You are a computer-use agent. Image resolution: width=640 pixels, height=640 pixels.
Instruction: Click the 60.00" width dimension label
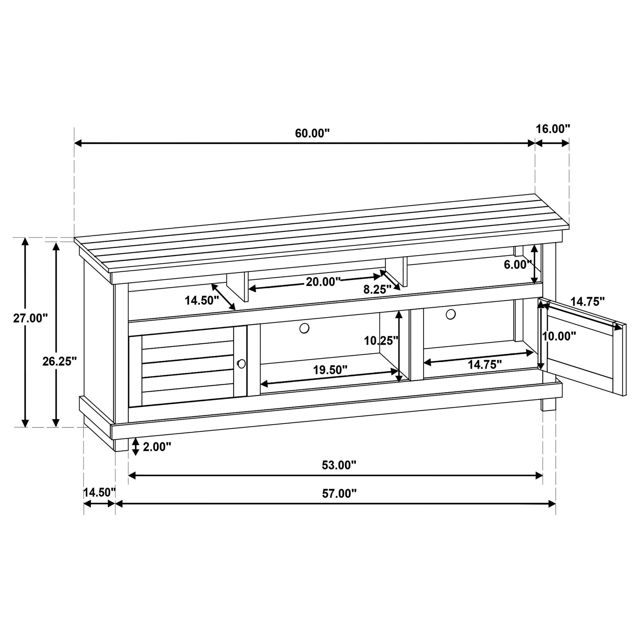(312, 133)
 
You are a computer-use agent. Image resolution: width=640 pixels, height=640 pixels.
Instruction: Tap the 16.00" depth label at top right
(553, 129)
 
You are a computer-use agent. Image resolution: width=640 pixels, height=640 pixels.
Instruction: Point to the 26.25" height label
(60, 362)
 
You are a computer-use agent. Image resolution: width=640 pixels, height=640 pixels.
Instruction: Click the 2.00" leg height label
(157, 447)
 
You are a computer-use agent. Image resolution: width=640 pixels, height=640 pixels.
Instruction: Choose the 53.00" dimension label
(338, 465)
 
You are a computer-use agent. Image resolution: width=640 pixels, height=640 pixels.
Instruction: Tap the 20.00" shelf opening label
(323, 282)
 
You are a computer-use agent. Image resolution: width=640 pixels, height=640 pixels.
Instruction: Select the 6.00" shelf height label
(517, 265)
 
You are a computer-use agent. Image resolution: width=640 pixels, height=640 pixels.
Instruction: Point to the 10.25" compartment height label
(381, 340)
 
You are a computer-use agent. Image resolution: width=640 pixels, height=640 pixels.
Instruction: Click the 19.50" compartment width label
(330, 370)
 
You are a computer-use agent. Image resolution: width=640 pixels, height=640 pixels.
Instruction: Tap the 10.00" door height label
(559, 337)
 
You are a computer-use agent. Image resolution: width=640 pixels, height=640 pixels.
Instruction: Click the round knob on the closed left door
(242, 364)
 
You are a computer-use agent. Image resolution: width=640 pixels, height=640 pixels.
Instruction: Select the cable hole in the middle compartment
(304, 328)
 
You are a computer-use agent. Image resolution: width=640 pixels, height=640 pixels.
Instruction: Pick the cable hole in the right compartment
(451, 314)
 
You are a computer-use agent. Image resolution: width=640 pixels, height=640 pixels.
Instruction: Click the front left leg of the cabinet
(121, 445)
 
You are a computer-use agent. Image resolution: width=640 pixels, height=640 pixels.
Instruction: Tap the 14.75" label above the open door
(587, 302)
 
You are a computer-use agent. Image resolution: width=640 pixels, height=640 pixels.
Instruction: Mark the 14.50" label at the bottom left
(99, 492)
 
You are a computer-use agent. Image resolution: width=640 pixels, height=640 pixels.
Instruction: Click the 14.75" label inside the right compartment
(484, 365)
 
